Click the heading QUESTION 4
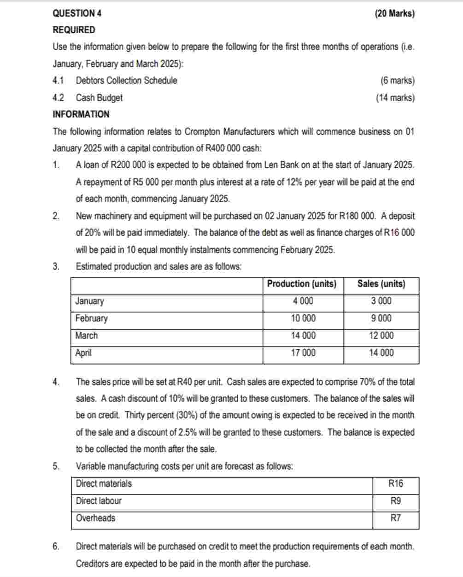pos(77,13)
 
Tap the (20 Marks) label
pos(395,13)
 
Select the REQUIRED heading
pos(74,30)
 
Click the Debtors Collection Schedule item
pos(126,81)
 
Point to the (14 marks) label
pos(395,98)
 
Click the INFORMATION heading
pos(81,114)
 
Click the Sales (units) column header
pos(381,284)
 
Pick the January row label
pos(89,301)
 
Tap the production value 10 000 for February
pos(303,318)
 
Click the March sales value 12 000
pos(381,336)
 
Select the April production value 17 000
pos(303,353)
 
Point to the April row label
pos(83,353)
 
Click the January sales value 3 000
pos(381,301)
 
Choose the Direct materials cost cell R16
pos(395,483)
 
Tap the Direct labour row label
pos(99,501)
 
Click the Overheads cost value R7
pos(395,518)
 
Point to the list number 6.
pos(56,547)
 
